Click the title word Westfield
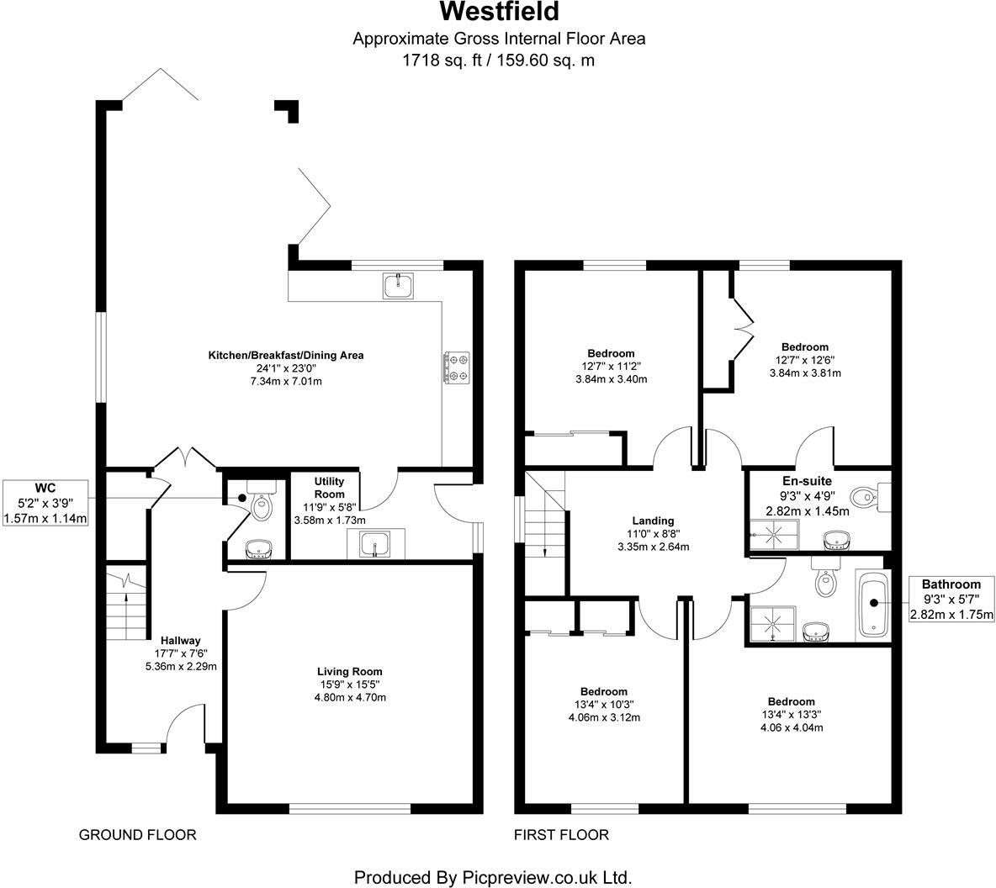pos(498,13)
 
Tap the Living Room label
pos(349,671)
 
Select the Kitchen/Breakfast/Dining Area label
pos(286,355)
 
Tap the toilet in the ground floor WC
pos(262,505)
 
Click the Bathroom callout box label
pos(951,584)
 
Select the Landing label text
pos(654,521)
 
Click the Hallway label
pos(182,640)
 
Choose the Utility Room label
pos(329,487)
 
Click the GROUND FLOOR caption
pos(137,834)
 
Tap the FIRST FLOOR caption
pos(561,834)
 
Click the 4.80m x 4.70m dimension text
pos(349,697)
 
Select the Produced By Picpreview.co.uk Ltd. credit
pos(493,876)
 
